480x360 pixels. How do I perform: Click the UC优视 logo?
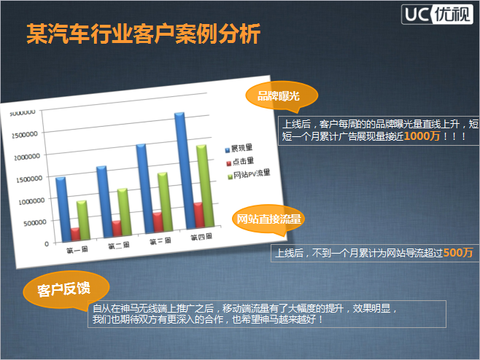click(437, 14)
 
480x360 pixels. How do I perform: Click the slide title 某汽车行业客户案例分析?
click(143, 34)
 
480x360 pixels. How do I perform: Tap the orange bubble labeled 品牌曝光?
click(282, 96)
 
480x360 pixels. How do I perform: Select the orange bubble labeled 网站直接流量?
click(268, 219)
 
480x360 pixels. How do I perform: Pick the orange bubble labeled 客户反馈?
click(66, 289)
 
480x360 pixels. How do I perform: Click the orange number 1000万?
click(422, 136)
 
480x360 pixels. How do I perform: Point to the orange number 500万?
click(458, 253)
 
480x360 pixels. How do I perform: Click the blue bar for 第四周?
click(185, 171)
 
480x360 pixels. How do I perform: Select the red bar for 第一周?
click(75, 234)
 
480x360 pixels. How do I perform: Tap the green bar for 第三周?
click(166, 201)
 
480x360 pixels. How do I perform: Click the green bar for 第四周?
click(205, 186)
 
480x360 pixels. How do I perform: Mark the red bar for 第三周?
click(158, 222)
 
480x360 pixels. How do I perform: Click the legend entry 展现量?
click(239, 149)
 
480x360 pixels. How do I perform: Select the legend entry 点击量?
click(240, 162)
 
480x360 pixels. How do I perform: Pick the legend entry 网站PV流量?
click(249, 174)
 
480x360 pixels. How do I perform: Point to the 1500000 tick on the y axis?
click(29, 179)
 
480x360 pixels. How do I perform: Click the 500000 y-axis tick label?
click(35, 223)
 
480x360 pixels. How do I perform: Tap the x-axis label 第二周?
click(119, 246)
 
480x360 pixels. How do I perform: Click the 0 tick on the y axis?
click(47, 244)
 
